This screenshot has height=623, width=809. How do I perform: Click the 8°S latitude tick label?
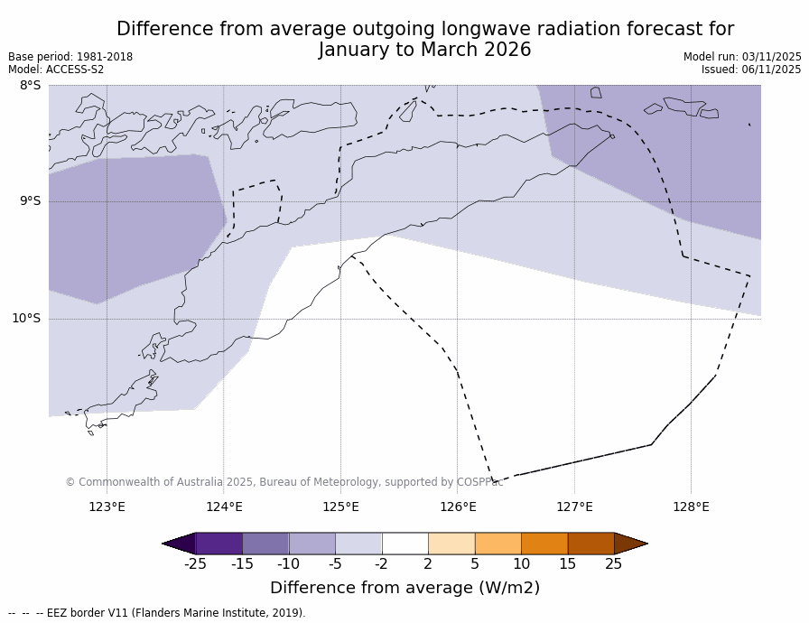30,86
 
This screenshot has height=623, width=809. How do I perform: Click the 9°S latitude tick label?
30,201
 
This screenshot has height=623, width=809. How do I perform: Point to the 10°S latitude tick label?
26,318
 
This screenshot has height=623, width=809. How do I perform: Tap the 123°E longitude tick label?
107,507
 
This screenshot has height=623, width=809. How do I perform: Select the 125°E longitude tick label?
340,507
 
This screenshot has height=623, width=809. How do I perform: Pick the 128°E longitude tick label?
691,507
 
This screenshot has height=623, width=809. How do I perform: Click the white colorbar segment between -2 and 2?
404,544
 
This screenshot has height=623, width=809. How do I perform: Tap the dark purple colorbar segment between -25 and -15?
219,544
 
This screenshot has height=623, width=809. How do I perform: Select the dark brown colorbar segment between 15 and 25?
590,544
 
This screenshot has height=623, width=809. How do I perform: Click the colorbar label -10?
288,564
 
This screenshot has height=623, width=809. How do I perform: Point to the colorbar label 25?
614,564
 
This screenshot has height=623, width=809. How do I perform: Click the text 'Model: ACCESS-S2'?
56,70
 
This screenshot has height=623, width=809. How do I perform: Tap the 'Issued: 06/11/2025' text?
751,70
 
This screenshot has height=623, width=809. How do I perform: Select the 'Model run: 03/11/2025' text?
742,57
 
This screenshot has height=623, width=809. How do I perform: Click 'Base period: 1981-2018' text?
70,57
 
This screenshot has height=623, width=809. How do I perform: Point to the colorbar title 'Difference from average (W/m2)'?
404,588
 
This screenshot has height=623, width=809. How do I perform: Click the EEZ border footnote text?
156,613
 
